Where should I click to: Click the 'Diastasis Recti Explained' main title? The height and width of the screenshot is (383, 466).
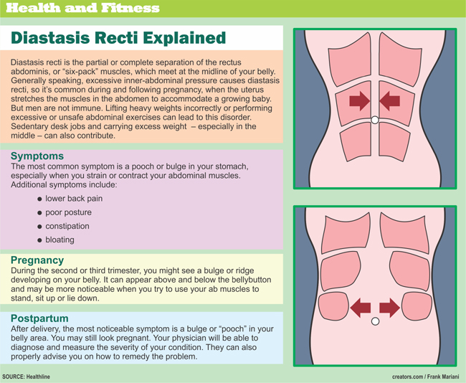click(118, 38)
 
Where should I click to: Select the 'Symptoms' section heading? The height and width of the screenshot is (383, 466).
click(37, 156)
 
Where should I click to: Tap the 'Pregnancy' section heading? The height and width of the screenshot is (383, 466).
click(38, 260)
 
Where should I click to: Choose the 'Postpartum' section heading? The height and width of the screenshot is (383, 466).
click(39, 317)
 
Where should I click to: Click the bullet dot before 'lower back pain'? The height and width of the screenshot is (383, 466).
click(39, 199)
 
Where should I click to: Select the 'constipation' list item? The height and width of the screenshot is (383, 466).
click(67, 226)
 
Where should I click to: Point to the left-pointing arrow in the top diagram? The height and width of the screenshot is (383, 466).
click(390, 101)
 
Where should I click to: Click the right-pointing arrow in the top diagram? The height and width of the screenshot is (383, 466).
click(359, 101)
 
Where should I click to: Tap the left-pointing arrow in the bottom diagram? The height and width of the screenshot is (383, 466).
click(360, 308)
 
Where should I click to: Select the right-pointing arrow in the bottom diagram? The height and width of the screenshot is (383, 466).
click(389, 308)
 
